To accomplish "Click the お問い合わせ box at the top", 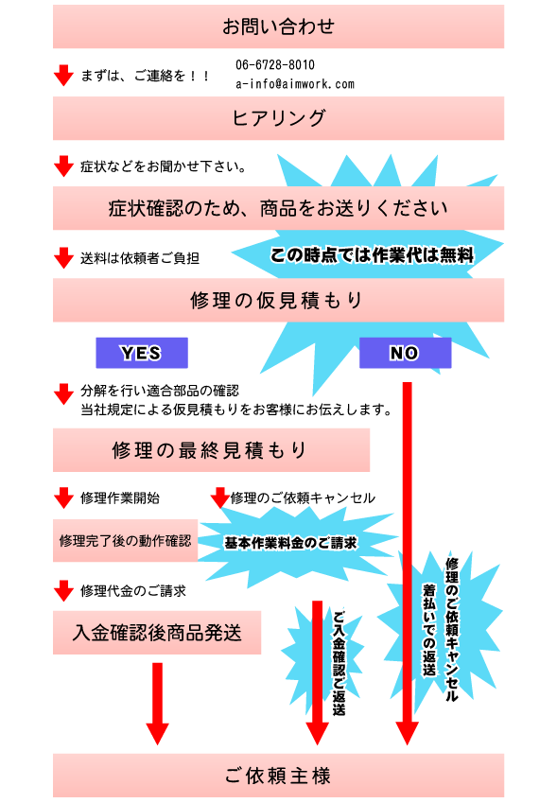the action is point(278,26).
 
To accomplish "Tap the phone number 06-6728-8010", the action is point(275,65).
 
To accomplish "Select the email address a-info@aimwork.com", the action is point(295,84).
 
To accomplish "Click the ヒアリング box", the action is point(278,118).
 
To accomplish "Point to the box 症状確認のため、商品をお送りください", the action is point(278,208).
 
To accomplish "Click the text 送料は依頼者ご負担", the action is point(140,258).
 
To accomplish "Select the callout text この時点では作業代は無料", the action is point(372,255).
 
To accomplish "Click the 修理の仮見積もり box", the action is point(278,300).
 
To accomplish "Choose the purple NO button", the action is point(406,353).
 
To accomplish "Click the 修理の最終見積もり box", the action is point(212,450).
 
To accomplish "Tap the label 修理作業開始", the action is point(120,498).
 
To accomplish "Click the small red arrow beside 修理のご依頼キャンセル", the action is point(220,498).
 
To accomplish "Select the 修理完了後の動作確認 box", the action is point(126,541).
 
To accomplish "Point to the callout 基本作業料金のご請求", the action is point(290,543).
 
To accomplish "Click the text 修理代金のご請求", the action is point(133,591).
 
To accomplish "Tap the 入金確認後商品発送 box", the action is point(157,633).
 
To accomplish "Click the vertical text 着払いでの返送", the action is point(429,629).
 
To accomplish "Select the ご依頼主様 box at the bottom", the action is point(278,776).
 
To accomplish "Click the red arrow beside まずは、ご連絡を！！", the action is point(63,76).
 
